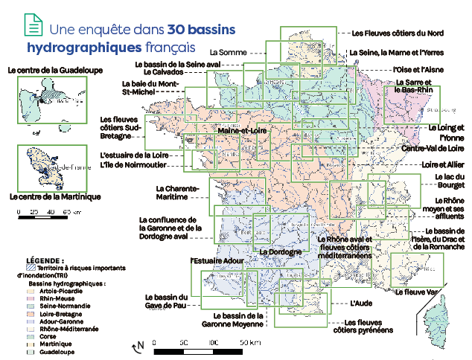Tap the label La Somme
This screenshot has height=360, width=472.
pyautogui.click(x=228, y=53)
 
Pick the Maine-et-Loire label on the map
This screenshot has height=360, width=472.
pyautogui.click(x=242, y=131)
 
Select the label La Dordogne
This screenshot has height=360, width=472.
pyautogui.click(x=280, y=251)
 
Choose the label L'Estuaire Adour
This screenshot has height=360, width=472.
pyautogui.click(x=217, y=262)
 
